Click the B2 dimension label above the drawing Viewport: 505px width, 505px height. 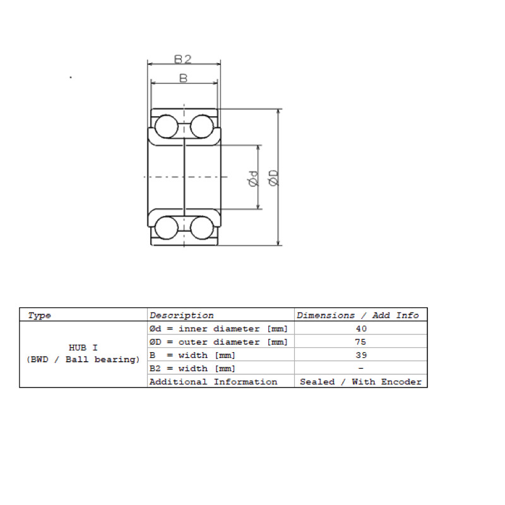pos(182,59)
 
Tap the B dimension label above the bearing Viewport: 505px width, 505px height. pos(183,78)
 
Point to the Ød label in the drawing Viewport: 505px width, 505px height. pos(254,179)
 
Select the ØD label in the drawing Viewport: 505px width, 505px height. pos(273,178)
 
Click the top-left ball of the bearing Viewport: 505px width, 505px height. pos(166,126)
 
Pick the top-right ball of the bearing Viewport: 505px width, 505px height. pos(202,126)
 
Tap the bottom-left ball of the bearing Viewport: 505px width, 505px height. pos(166,228)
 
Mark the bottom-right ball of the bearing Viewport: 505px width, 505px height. pos(202,228)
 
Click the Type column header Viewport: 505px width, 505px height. pos(39,315)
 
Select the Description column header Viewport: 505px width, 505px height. pos(181,315)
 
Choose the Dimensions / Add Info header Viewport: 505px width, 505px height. pos(357,315)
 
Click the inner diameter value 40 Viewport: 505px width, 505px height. pos(361,328)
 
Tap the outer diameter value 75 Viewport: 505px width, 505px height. pos(360,342)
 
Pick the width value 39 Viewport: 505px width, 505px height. pos(361,355)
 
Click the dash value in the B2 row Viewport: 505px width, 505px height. pos(360,368)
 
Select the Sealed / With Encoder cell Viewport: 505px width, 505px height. pos(360,382)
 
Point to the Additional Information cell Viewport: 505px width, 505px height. pos(213,382)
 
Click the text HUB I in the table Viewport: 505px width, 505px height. pos(83,348)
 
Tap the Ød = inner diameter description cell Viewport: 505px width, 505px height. pos(218,329)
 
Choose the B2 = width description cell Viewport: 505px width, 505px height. pos(193,369)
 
